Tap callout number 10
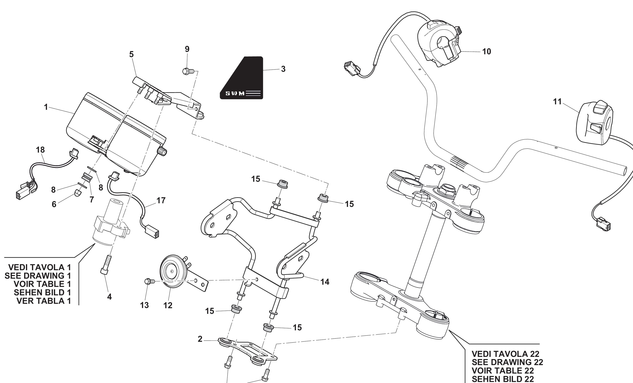(x=486, y=52)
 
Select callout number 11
(x=557, y=102)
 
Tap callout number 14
(x=325, y=282)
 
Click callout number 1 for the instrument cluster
(x=46, y=107)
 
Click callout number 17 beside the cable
(x=161, y=200)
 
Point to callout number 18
(x=40, y=150)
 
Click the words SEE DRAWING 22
(x=507, y=362)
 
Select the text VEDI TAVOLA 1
(x=40, y=267)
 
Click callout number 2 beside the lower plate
(x=200, y=339)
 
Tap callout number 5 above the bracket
(x=131, y=54)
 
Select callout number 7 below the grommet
(x=92, y=200)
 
